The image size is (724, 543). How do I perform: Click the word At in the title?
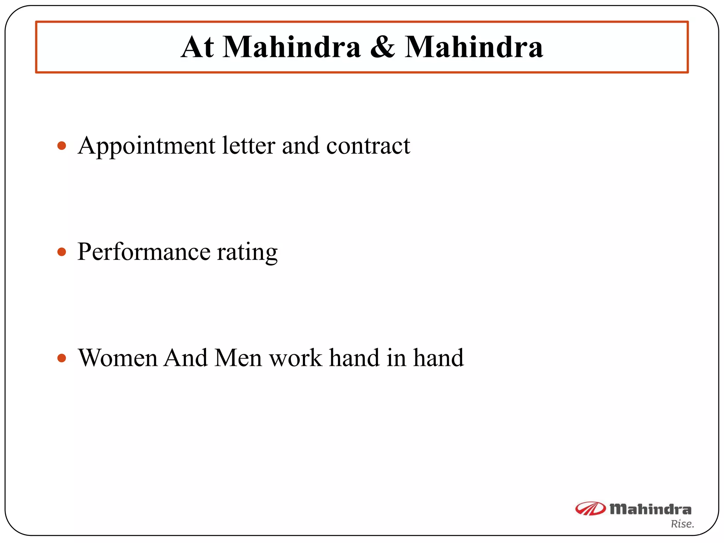click(197, 47)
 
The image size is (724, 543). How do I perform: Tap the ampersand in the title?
click(383, 47)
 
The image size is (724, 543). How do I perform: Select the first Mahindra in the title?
click(292, 47)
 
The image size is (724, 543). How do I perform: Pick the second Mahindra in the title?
click(474, 47)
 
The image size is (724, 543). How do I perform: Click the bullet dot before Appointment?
click(62, 146)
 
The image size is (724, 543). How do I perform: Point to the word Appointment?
click(146, 146)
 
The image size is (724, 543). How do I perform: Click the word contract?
click(368, 146)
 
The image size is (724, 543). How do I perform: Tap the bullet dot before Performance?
click(62, 252)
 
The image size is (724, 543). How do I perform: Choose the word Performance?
click(144, 252)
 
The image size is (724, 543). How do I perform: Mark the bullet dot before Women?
click(62, 358)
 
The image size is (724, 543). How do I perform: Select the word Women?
click(118, 358)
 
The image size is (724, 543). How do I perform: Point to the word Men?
click(238, 358)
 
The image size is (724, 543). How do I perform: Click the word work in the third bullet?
click(296, 358)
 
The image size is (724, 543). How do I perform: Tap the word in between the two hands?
click(396, 358)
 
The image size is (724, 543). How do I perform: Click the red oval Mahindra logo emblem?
click(590, 509)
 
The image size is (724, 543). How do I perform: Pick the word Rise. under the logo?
click(682, 524)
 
